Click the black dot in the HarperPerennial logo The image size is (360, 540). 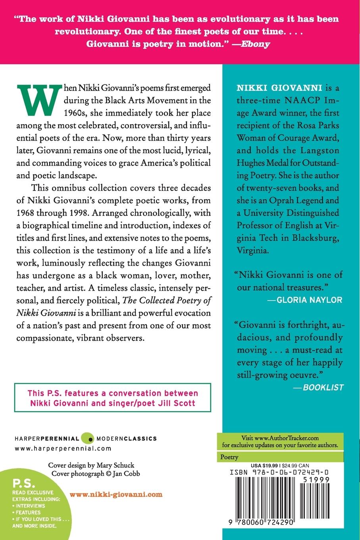pos(90,439)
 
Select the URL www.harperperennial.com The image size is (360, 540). pos(63,448)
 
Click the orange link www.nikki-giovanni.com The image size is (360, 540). pos(116,494)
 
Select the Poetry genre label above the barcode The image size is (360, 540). pos(229,457)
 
